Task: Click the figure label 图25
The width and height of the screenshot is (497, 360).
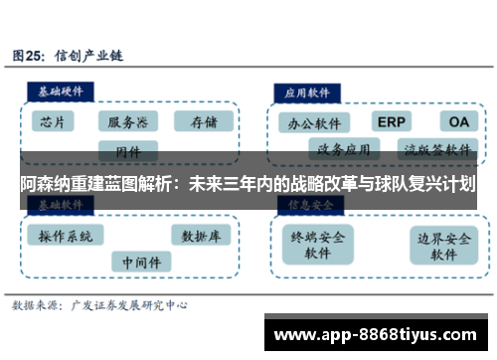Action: tap(31, 56)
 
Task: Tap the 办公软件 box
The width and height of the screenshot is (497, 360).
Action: tap(314, 125)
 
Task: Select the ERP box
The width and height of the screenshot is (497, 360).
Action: tap(392, 121)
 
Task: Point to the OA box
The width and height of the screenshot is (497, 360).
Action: tap(458, 121)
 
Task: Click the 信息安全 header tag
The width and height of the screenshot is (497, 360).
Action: tap(310, 204)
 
